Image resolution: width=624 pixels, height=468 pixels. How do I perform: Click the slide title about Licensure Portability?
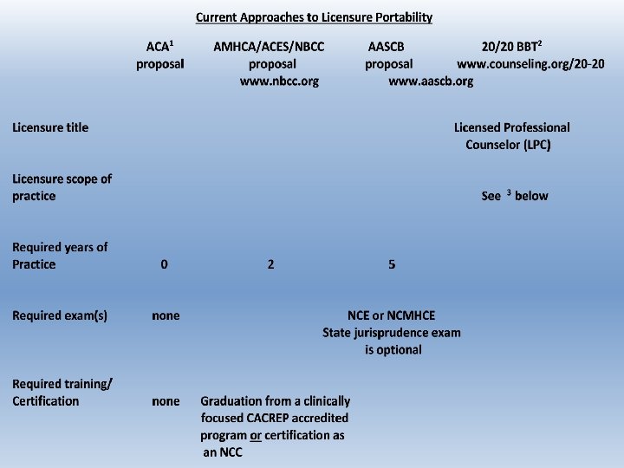click(x=314, y=17)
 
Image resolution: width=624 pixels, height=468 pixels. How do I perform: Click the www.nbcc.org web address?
click(x=279, y=81)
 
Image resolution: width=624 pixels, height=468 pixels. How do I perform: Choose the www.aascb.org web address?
click(x=431, y=81)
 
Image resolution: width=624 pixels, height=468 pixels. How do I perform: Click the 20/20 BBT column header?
click(x=511, y=46)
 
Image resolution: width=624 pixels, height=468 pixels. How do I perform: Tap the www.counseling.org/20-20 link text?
click(x=530, y=63)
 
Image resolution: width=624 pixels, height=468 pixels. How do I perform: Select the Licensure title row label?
click(x=50, y=127)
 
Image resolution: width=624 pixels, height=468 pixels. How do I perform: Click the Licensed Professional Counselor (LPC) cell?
click(x=511, y=136)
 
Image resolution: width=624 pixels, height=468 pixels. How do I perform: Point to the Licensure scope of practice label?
click(x=62, y=187)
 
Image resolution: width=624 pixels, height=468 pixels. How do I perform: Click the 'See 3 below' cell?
click(x=514, y=196)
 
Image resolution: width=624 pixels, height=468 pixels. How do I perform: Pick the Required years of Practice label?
click(x=60, y=256)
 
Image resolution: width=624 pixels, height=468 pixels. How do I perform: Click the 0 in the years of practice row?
click(x=164, y=264)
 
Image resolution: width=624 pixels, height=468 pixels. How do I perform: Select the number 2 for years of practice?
click(x=270, y=264)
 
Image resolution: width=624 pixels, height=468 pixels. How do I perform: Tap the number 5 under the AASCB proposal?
click(x=392, y=264)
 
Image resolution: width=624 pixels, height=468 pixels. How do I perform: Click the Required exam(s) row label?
click(x=60, y=315)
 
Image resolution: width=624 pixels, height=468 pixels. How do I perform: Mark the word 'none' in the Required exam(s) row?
click(x=166, y=315)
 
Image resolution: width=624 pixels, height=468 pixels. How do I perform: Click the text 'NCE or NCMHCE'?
click(x=392, y=315)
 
